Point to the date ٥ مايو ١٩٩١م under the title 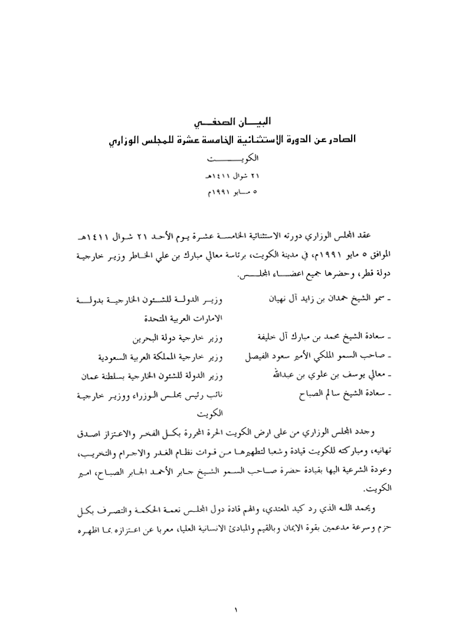pyautogui.click(x=229, y=192)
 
